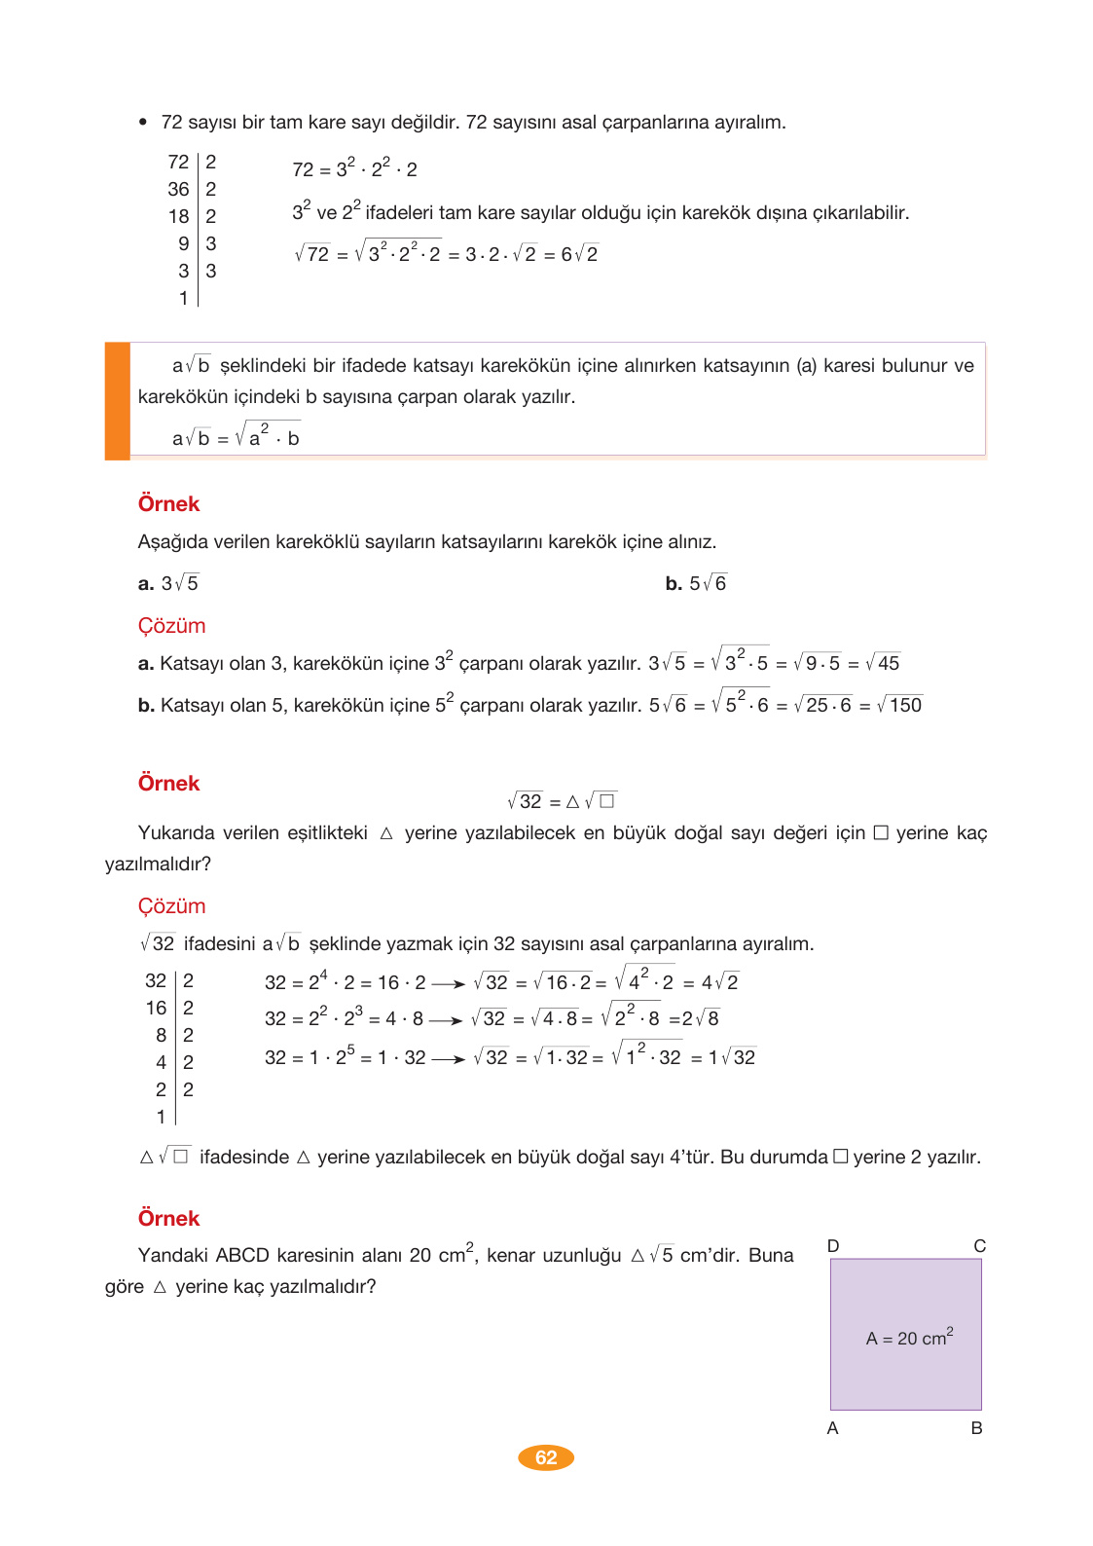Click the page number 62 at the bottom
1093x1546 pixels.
pyautogui.click(x=546, y=1457)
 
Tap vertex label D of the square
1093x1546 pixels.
pyautogui.click(x=833, y=1246)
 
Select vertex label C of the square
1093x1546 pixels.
pyautogui.click(x=979, y=1246)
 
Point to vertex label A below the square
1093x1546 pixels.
pyautogui.click(x=832, y=1428)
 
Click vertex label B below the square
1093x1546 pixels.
pyautogui.click(x=976, y=1428)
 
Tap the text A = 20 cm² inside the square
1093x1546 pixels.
pyautogui.click(x=909, y=1338)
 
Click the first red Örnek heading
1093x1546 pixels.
pyautogui.click(x=168, y=504)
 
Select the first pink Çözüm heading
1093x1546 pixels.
pyautogui.click(x=171, y=626)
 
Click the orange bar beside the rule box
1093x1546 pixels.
pyautogui.click(x=118, y=400)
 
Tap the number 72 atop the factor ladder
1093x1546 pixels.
pyautogui.click(x=178, y=162)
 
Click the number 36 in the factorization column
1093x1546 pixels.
pyautogui.click(x=178, y=189)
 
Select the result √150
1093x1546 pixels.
pyautogui.click(x=899, y=706)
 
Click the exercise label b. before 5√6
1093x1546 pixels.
pyautogui.click(x=674, y=584)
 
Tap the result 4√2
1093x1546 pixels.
pyautogui.click(x=719, y=982)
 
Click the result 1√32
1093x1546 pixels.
pyautogui.click(x=732, y=1057)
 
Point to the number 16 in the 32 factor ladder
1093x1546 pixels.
pyautogui.click(x=157, y=1008)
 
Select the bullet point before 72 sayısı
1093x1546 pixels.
pyautogui.click(x=143, y=123)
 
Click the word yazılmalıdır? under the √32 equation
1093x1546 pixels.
pyautogui.click(x=158, y=864)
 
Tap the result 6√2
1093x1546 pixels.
pyautogui.click(x=579, y=255)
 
